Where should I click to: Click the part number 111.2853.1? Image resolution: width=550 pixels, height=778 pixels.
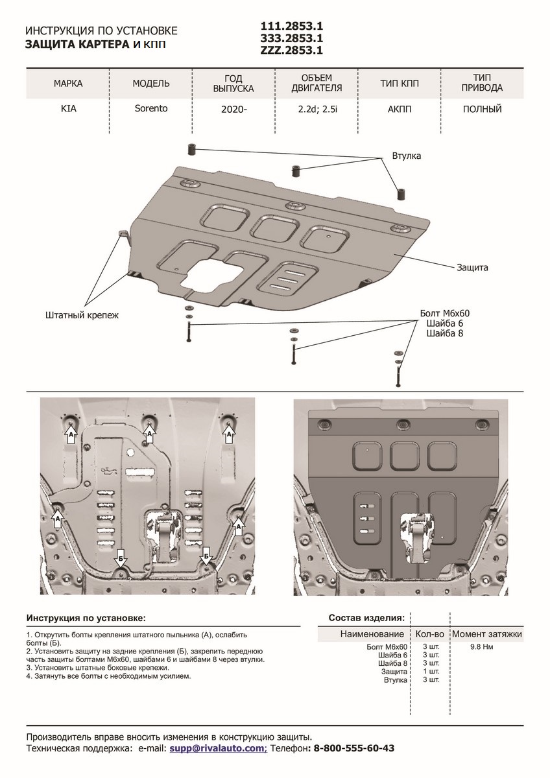click(x=291, y=27)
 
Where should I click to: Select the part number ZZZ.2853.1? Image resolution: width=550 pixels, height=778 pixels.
click(x=291, y=50)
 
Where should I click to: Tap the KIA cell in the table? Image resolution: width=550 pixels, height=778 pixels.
click(x=68, y=109)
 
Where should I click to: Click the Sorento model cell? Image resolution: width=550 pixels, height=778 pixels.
click(x=150, y=108)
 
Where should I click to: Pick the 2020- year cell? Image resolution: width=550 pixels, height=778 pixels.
click(x=234, y=110)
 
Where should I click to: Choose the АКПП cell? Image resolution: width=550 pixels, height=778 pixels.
click(x=400, y=109)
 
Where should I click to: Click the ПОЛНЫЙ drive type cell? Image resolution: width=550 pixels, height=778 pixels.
click(x=482, y=109)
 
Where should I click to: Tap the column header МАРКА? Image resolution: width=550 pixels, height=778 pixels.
click(x=68, y=84)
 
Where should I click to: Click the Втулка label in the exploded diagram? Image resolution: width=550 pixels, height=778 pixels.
click(x=407, y=156)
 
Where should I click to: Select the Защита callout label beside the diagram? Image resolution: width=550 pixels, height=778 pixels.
click(x=472, y=267)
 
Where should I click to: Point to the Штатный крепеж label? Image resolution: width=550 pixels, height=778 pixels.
click(x=83, y=315)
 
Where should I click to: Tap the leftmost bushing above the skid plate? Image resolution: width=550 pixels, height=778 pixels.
click(x=193, y=150)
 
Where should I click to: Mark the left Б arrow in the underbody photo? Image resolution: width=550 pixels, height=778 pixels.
click(x=121, y=557)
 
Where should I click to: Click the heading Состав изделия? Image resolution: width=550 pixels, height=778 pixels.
click(x=366, y=617)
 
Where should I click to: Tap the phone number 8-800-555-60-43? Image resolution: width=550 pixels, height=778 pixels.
click(x=353, y=748)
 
